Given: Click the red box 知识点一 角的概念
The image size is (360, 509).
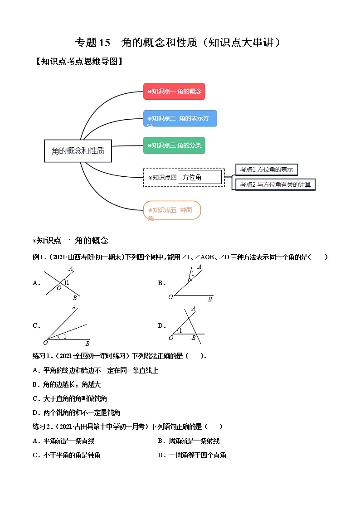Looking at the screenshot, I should [174, 91].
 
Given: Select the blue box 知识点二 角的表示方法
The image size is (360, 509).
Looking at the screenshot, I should [180, 118].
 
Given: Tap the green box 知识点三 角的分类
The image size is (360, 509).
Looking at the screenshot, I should [174, 145].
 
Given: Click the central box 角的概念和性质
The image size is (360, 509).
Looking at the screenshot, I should [78, 150].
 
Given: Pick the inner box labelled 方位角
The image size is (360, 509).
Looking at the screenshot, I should [199, 177].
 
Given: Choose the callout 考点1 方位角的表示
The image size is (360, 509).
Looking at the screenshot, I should [267, 170].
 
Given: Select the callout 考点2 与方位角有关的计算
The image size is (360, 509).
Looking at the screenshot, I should [275, 184].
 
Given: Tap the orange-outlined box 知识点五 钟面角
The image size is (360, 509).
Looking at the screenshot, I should [171, 210].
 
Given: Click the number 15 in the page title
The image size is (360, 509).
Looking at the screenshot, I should [104, 43].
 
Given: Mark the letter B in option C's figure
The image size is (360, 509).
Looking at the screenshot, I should [87, 344].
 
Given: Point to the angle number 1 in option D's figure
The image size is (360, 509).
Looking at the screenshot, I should [180, 330].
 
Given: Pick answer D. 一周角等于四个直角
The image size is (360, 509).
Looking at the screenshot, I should [192, 455].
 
